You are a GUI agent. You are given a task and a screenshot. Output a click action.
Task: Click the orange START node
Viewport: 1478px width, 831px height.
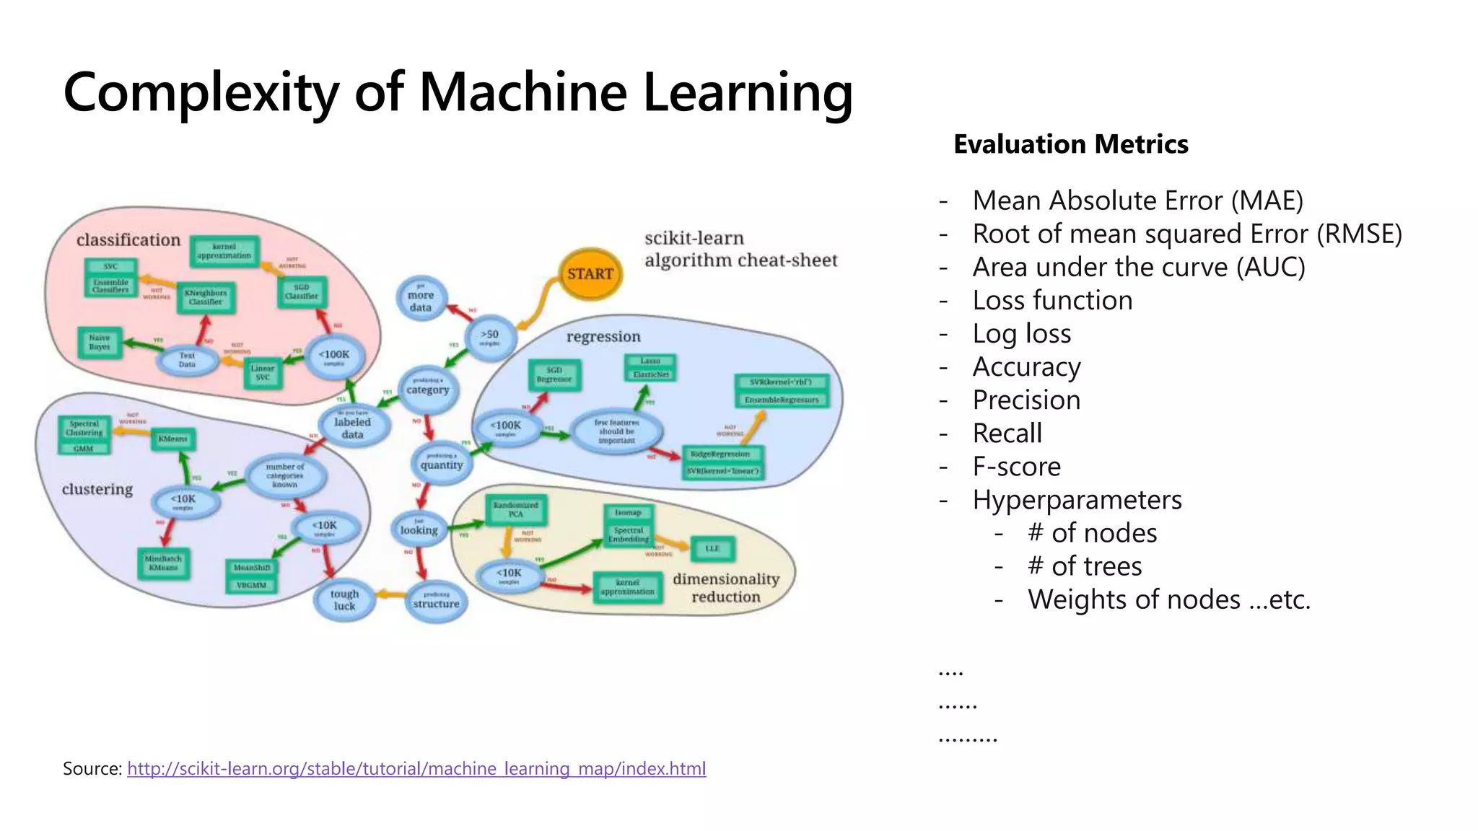590,273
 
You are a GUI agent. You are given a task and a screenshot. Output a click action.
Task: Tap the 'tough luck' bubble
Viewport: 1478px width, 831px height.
344,599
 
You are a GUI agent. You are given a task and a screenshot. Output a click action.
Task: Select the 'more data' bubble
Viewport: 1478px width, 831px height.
421,300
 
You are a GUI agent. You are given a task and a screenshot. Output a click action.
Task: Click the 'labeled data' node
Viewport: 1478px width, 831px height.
353,426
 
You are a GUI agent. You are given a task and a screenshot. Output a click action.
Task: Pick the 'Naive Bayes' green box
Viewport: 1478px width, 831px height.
100,342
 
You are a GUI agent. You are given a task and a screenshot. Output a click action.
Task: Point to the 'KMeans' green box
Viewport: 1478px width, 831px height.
172,439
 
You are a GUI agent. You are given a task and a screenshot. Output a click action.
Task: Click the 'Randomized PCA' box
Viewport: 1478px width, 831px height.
516,509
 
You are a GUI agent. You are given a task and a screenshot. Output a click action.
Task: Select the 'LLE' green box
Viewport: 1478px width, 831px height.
712,548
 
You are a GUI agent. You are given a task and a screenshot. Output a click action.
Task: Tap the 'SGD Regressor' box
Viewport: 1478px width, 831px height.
554,374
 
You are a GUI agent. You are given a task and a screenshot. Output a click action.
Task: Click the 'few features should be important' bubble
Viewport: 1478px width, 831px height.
616,431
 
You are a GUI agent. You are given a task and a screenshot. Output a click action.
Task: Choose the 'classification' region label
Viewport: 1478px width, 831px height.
128,239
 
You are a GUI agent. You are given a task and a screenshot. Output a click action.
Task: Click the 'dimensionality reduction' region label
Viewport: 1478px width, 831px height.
726,588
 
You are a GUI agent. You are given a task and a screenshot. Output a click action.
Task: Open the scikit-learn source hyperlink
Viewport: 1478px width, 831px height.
416,769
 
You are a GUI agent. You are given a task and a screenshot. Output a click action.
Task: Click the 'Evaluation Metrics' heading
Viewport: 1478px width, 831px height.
1070,144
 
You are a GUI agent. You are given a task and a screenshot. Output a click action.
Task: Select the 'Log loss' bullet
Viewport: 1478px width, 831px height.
1021,334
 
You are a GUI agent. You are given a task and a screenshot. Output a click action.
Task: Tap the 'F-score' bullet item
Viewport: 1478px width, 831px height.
1016,467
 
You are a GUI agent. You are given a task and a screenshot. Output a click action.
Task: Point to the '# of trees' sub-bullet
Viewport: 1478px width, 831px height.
1084,566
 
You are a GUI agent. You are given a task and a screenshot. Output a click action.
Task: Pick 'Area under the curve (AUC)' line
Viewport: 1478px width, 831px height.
1138,268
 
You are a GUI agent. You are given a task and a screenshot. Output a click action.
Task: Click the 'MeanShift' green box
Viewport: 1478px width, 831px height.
252,568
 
